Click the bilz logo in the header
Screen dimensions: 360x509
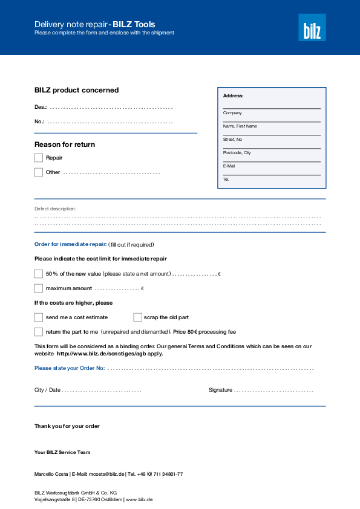[312, 28]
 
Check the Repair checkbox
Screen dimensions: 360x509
[39, 158]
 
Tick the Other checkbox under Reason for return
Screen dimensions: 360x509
[39, 172]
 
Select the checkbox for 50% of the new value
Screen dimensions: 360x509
[39, 274]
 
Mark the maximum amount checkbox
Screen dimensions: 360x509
[39, 288]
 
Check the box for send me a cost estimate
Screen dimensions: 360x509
[39, 317]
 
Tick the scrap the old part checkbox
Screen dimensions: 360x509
[137, 317]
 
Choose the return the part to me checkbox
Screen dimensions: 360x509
[39, 331]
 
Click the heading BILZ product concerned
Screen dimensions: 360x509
[76, 90]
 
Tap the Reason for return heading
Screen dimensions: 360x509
[65, 144]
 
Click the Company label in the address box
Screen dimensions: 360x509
[232, 113]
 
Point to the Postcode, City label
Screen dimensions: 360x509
[237, 153]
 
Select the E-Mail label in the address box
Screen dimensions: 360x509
[229, 166]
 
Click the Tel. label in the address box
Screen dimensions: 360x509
[226, 180]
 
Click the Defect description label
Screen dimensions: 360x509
[55, 209]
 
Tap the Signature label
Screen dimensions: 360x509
[220, 390]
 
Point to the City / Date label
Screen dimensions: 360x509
[47, 390]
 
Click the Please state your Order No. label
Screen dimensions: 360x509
[70, 368]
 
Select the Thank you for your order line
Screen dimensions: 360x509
[67, 426]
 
